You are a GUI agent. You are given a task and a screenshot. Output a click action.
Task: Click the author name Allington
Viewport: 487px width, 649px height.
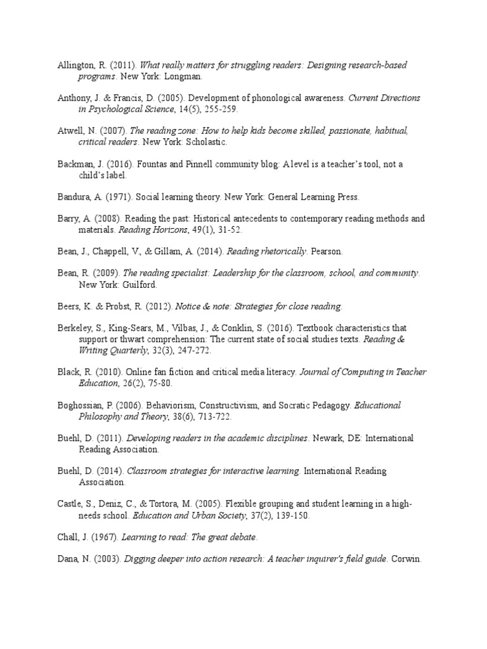[74, 65]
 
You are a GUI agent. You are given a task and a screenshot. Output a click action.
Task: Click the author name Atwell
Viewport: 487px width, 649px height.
[67, 131]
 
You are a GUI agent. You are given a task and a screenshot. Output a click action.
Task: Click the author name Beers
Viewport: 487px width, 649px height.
[65, 307]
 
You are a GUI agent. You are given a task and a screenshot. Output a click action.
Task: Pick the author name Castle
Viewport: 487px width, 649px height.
[67, 504]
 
